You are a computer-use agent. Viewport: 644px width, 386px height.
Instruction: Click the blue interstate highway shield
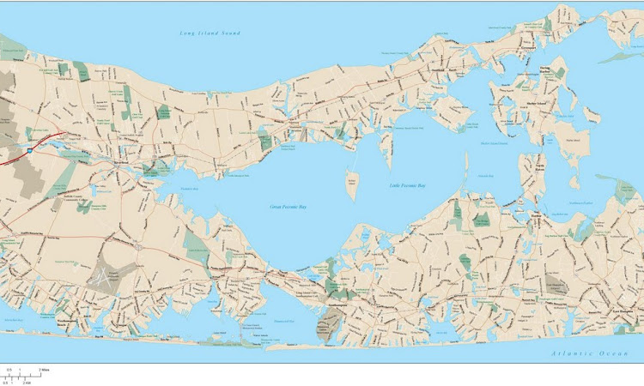(x=29, y=149)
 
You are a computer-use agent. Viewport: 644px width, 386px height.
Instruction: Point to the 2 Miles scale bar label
(x=43, y=370)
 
